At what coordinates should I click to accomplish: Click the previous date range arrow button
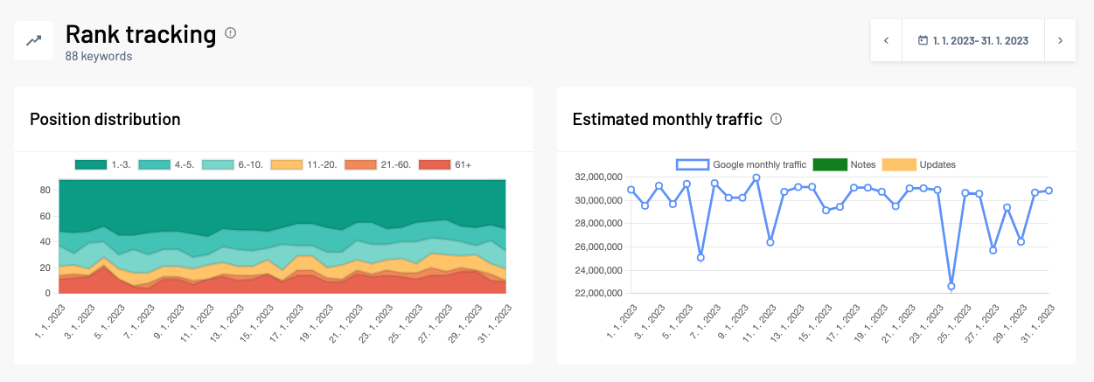pyautogui.click(x=886, y=40)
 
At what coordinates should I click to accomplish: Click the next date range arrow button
pyautogui.click(x=1060, y=40)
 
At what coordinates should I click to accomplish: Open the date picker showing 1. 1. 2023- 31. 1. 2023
pyautogui.click(x=972, y=40)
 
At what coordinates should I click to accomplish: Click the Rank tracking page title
pyautogui.click(x=140, y=34)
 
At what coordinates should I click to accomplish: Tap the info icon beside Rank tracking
pyautogui.click(x=231, y=33)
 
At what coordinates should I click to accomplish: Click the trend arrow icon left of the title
pyautogui.click(x=33, y=40)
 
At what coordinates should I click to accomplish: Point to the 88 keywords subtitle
pyautogui.click(x=98, y=57)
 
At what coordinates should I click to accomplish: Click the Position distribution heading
pyautogui.click(x=105, y=120)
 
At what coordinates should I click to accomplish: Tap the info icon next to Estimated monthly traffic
pyautogui.click(x=776, y=119)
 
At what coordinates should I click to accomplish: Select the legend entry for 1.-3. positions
pyautogui.click(x=102, y=164)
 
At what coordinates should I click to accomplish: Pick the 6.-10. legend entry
pyautogui.click(x=232, y=164)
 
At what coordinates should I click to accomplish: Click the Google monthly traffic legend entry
pyautogui.click(x=742, y=164)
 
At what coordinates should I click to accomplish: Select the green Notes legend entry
pyautogui.click(x=844, y=164)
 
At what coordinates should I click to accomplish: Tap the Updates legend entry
pyautogui.click(x=918, y=164)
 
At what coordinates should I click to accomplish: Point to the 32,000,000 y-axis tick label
pyautogui.click(x=596, y=177)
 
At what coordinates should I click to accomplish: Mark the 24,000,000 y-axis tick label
pyautogui.click(x=596, y=270)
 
